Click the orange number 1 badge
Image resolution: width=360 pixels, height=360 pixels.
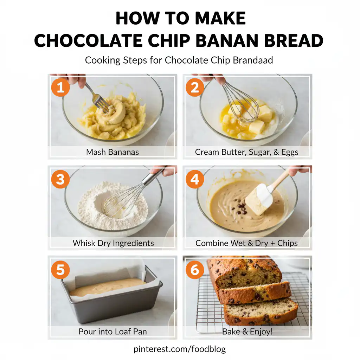[60, 87]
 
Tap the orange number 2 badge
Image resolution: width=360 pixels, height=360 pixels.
[194, 87]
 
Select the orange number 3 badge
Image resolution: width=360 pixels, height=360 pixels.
[60, 179]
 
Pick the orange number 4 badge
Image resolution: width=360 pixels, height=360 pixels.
[194, 179]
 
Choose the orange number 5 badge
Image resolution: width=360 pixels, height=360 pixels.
[60, 270]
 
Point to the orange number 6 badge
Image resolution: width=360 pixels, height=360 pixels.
[194, 270]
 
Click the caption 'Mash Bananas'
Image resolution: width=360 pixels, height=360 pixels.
[112, 152]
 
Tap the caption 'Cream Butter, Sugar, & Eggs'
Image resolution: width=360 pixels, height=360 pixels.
[247, 152]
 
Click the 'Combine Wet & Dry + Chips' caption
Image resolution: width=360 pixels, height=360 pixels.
[247, 243]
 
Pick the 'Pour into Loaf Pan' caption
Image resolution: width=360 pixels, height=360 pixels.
[113, 332]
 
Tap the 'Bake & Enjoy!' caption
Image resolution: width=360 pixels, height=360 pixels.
[247, 332]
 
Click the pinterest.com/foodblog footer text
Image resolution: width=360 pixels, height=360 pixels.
[180, 349]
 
